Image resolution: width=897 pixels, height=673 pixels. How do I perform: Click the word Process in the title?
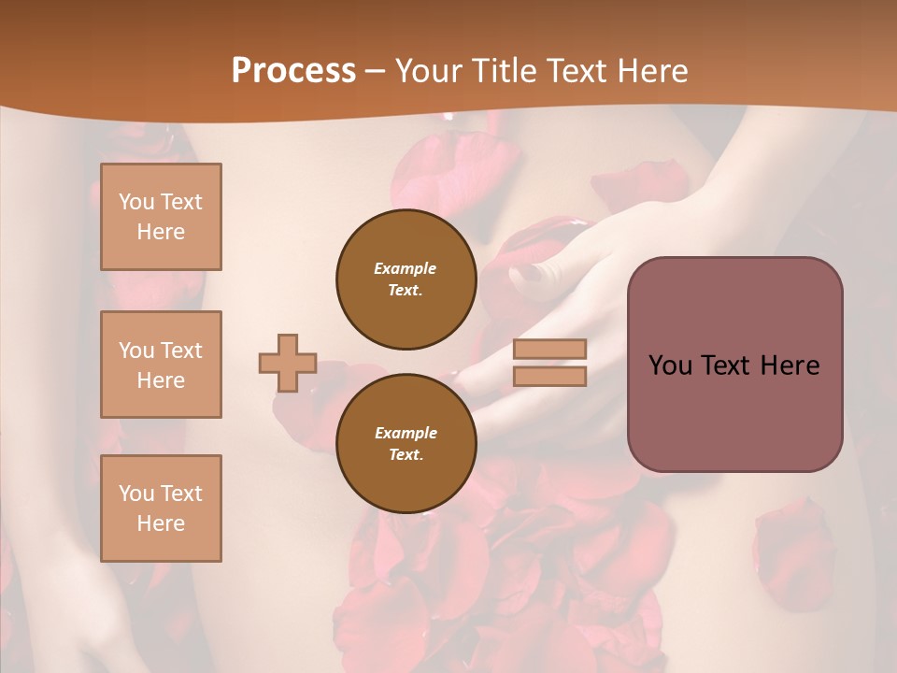tap(293, 71)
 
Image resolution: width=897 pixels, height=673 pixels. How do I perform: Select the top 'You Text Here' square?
tap(161, 217)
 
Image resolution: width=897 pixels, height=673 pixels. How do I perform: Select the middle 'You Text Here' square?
tap(161, 365)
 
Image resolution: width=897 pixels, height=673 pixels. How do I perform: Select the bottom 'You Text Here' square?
tap(161, 508)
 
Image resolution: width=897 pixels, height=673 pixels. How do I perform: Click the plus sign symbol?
tap(288, 363)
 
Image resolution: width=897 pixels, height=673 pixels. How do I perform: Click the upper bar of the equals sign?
tap(549, 350)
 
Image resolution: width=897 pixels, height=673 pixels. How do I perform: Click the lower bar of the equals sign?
tap(549, 376)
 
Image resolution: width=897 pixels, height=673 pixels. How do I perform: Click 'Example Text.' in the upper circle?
tap(406, 279)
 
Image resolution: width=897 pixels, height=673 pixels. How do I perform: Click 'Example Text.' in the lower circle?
tap(406, 444)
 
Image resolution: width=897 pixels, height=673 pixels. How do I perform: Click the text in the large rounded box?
tap(734, 365)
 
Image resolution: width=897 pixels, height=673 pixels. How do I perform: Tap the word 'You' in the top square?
tap(135, 202)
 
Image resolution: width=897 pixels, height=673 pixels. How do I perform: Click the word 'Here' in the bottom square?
tap(161, 523)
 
